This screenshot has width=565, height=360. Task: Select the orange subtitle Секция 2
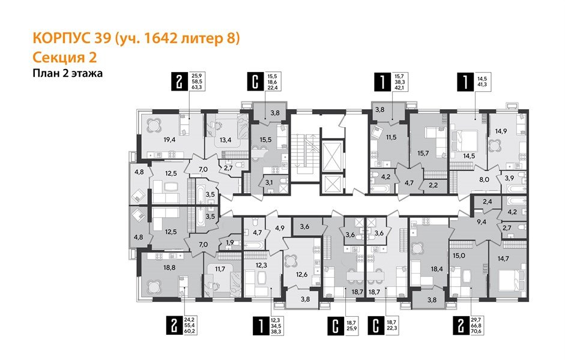point(64,58)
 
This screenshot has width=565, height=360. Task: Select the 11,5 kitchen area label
point(391,137)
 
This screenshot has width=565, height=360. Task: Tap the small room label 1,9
point(231,242)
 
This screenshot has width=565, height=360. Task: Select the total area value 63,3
point(196,87)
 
